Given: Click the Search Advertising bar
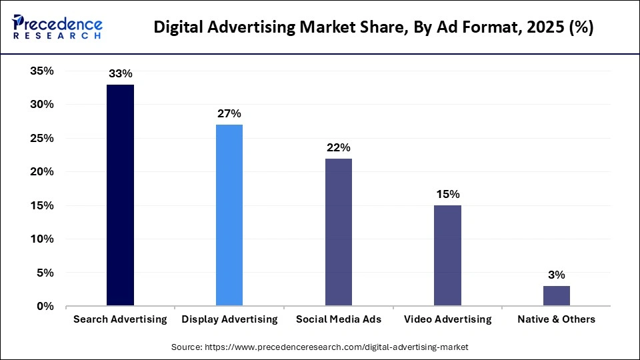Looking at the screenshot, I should pos(120,195).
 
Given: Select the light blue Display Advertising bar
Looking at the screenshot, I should pos(229,215).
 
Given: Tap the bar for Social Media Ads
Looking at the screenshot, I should pos(339,232).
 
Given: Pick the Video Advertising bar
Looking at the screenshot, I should pos(447,255).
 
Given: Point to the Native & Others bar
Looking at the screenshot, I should pos(557,296).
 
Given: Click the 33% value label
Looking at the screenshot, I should pos(120,74).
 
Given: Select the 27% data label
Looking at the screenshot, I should pos(229,114).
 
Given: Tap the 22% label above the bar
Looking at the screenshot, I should pos(338,147).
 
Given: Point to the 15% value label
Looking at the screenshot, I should pos(447,195).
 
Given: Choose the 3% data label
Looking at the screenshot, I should pos(557,275).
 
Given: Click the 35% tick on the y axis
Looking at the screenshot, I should pos(41,71).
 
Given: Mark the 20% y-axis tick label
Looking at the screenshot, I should pos(41,172).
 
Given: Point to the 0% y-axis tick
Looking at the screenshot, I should pos(45,306).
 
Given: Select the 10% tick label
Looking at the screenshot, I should pos(41,239).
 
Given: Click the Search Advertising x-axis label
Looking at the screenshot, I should pos(120,319).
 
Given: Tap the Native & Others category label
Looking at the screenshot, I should pos(557,319).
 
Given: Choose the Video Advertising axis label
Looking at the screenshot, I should pos(447,319).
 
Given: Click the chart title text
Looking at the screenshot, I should pos(373,28).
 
